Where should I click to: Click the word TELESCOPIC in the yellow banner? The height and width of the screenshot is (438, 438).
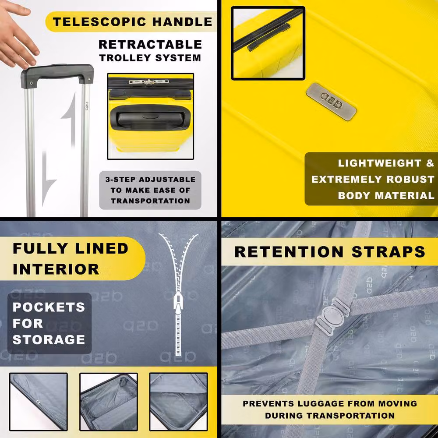(99, 22)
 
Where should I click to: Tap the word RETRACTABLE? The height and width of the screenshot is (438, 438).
(150, 45)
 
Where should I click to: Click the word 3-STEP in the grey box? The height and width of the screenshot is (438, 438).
(120, 179)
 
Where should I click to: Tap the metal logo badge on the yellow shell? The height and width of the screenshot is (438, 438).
(331, 102)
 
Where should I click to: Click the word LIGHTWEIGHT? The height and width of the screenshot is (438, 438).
(380, 163)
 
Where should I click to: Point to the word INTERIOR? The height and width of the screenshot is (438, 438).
(56, 269)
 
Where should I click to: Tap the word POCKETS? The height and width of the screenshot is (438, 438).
(49, 307)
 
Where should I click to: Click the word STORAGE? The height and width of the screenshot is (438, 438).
(49, 340)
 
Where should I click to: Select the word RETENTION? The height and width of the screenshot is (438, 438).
(289, 252)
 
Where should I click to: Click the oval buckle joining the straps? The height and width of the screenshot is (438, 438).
(332, 316)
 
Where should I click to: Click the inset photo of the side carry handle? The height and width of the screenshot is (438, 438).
(268, 43)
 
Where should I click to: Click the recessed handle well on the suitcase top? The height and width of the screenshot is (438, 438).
(150, 118)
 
